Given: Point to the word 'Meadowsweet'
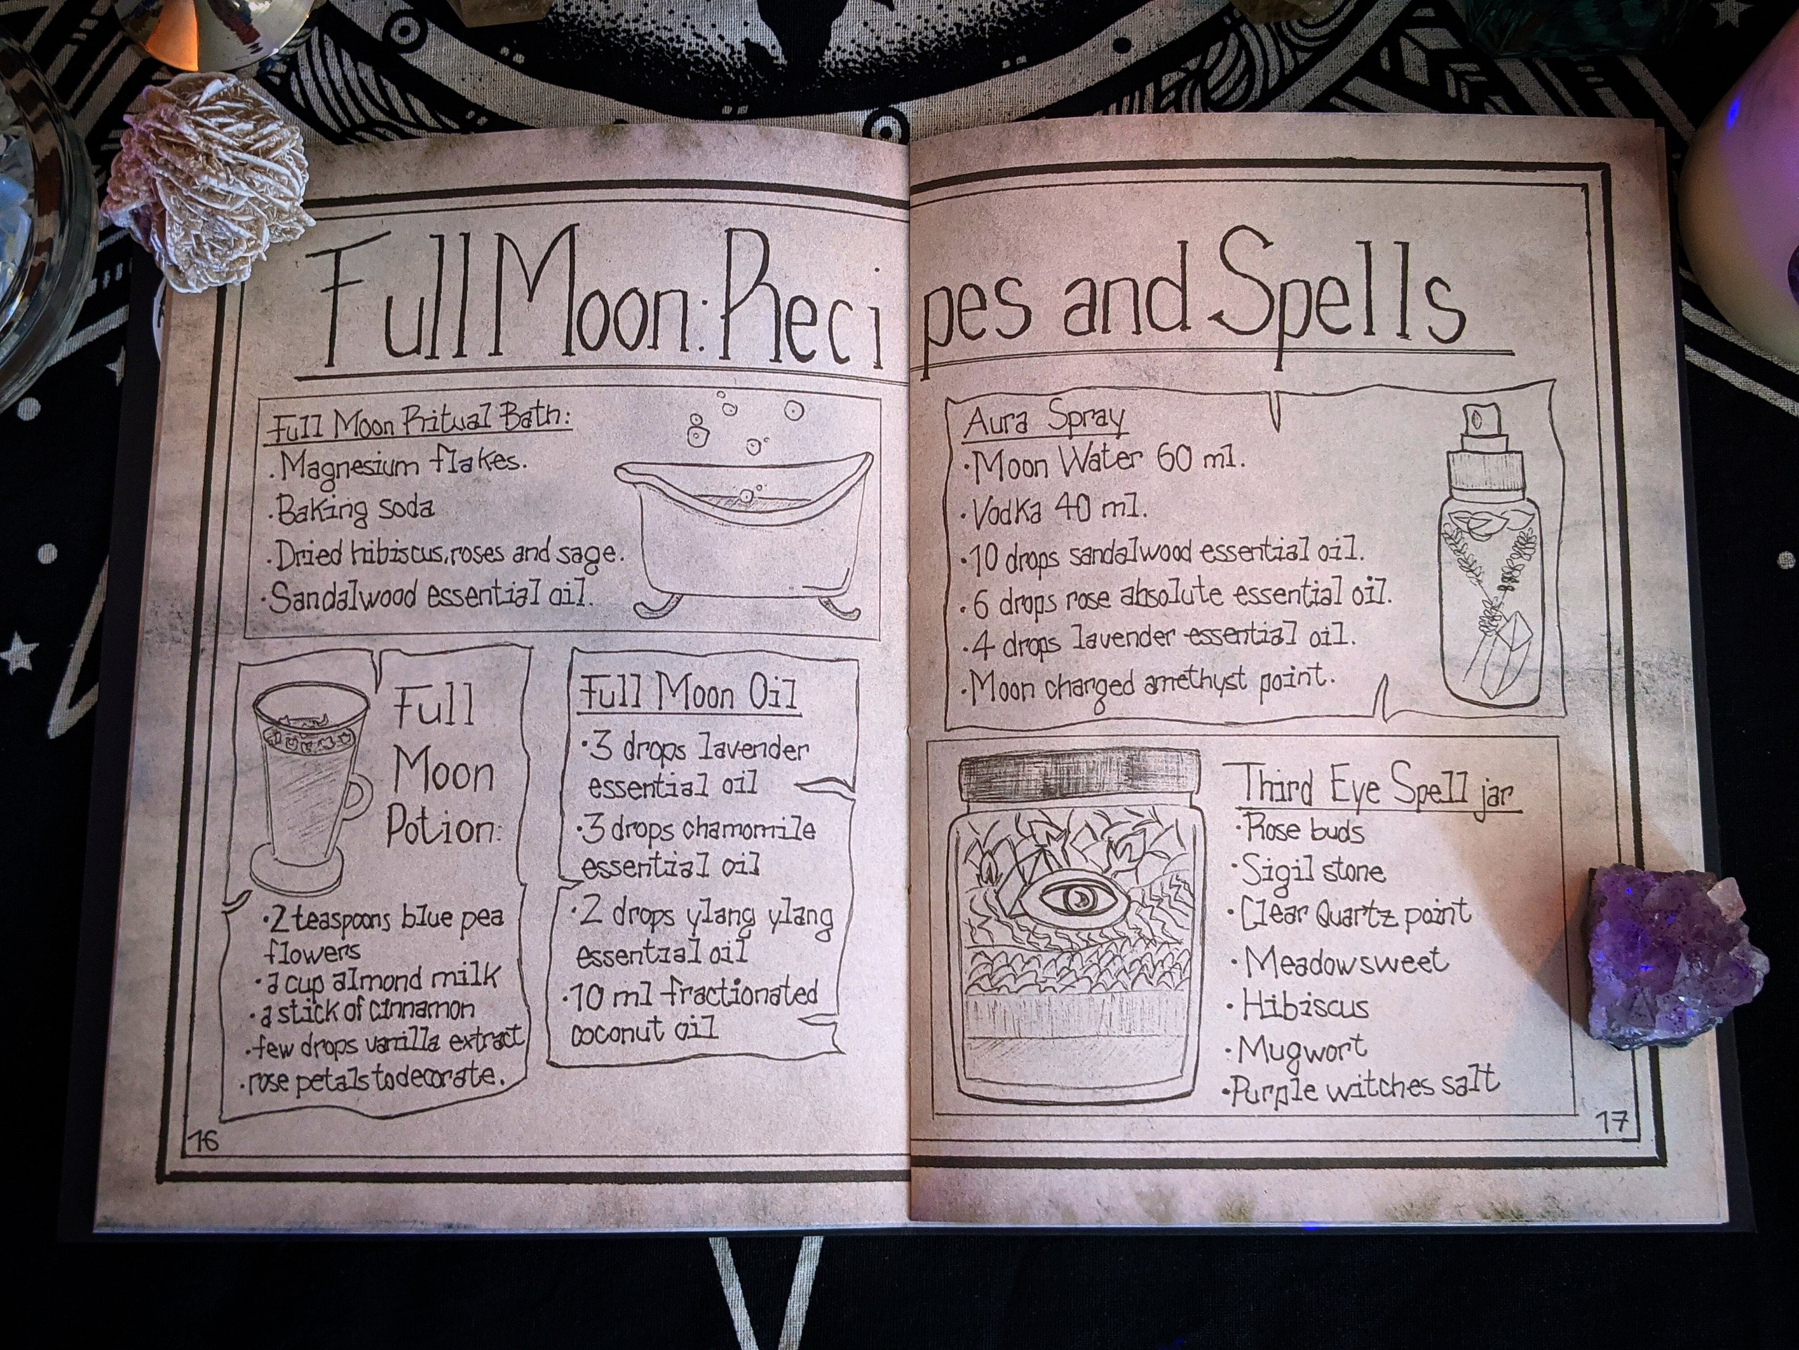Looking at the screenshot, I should pyautogui.click(x=1346, y=962).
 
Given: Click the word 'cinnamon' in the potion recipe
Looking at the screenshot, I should pyautogui.click(x=423, y=1010).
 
